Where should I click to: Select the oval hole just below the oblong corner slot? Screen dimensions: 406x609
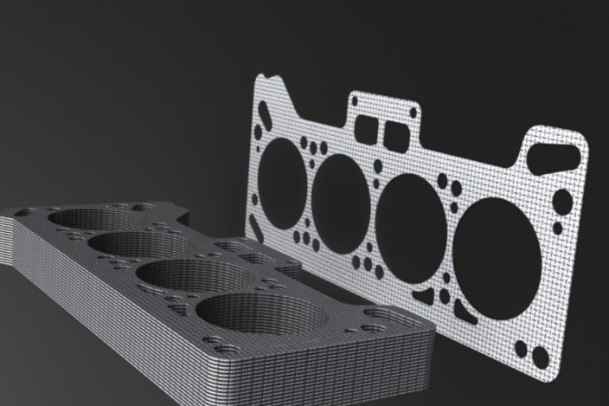pos(561,202)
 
